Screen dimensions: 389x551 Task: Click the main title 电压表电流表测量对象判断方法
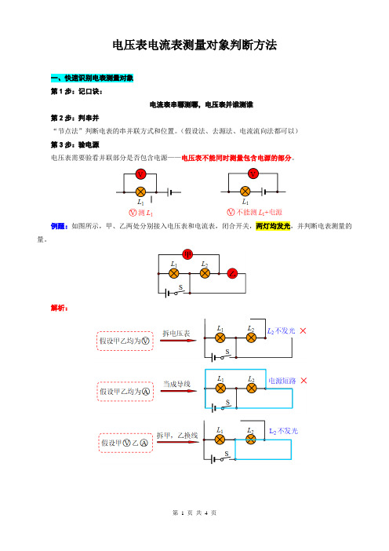coord(194,45)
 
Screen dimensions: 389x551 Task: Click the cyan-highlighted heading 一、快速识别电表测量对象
coord(92,78)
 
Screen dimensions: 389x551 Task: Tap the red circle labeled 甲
coord(187,254)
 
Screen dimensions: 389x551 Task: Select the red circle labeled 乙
coord(232,273)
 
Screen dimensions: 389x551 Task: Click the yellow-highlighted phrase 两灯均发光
coord(273,226)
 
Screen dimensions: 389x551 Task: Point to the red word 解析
coord(59,308)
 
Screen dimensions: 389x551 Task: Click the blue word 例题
coord(59,226)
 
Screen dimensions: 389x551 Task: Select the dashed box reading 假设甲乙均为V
coord(125,341)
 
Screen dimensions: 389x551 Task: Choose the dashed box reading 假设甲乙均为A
coord(125,392)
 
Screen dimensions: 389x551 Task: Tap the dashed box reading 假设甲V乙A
coord(125,443)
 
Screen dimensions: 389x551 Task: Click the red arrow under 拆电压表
coord(178,340)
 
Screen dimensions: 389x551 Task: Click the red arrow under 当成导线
coord(179,391)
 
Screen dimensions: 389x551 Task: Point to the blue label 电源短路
coord(282,381)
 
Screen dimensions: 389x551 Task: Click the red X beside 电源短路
coord(304,381)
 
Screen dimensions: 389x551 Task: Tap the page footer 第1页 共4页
coord(194,513)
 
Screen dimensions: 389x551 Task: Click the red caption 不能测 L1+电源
coord(255,212)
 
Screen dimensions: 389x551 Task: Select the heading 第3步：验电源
coord(75,144)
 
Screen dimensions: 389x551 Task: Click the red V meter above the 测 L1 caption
coord(140,174)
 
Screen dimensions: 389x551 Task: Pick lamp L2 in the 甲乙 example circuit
coord(205,273)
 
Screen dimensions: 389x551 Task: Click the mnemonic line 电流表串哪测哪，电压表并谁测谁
coord(202,104)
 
